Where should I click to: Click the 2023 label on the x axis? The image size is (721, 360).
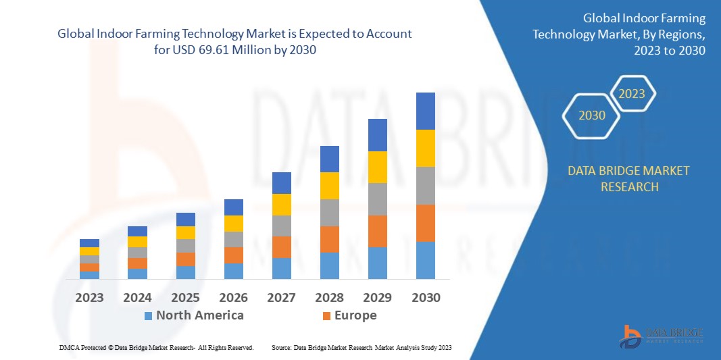coord(89,298)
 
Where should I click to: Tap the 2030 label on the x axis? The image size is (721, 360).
coord(425,298)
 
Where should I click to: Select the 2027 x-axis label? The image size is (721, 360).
coord(281,298)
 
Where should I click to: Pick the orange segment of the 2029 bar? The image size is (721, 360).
coord(377,231)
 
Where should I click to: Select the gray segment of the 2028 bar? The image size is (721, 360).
coord(329,212)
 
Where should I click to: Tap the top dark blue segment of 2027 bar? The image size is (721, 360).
coord(281,182)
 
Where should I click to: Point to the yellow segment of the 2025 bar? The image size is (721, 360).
coord(185,232)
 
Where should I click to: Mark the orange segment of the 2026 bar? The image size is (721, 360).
coord(233,255)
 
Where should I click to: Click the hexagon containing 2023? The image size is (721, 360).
coord(632,94)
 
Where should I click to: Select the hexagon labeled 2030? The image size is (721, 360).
coord(592,115)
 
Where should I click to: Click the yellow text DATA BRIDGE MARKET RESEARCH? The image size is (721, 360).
coord(629,178)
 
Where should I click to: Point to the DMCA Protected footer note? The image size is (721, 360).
coord(156,347)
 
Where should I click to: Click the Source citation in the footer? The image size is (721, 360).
coord(361,347)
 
